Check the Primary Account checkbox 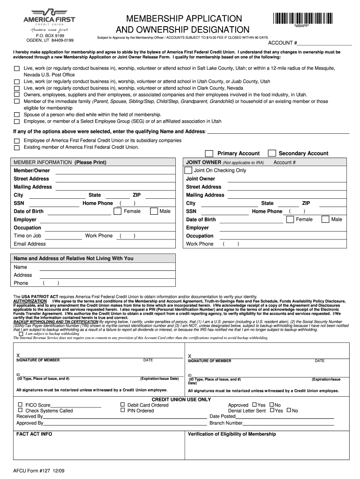(209, 153)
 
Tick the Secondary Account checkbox (271, 153)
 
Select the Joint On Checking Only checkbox (188, 170)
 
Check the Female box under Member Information (118, 211)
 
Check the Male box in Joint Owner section (325, 219)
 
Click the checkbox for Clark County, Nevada (17, 88)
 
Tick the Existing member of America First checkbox (17, 147)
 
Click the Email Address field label (29, 244)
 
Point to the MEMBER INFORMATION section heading (60, 162)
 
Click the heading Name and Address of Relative (73, 258)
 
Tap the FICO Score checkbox (20, 405)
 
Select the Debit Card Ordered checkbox (122, 405)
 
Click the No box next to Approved (272, 405)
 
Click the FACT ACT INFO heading (34, 434)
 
